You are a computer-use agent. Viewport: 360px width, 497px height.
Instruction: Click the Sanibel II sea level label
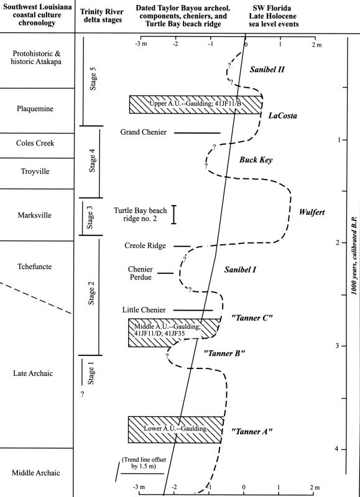(x=267, y=70)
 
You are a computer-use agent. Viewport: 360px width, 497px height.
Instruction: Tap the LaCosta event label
(x=283, y=116)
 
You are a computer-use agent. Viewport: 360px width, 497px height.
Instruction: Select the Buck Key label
(x=256, y=160)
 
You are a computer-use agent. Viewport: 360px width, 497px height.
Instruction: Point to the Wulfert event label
(x=312, y=212)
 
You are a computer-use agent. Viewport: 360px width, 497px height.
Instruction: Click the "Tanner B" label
(x=224, y=353)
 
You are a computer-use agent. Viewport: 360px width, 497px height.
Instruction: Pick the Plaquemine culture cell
(x=35, y=109)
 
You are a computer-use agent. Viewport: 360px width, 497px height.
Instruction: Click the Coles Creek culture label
(x=35, y=144)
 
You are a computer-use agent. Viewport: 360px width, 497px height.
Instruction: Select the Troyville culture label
(x=35, y=171)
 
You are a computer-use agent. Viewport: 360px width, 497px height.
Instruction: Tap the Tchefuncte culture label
(x=35, y=267)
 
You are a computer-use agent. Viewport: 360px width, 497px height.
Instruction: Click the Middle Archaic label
(x=36, y=473)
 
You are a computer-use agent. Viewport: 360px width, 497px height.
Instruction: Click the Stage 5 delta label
(x=93, y=79)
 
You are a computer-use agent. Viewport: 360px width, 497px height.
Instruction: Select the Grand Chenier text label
(x=144, y=132)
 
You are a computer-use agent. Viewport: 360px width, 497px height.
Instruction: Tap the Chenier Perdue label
(x=140, y=273)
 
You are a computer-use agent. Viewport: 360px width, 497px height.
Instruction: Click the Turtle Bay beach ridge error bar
(x=174, y=214)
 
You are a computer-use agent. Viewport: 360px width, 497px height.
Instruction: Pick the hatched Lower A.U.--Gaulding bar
(x=175, y=429)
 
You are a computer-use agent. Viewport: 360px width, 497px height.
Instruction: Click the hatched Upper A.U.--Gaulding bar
(x=196, y=104)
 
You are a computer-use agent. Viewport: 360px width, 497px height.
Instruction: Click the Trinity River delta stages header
(x=101, y=16)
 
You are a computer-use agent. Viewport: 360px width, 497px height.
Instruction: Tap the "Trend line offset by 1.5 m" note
(x=144, y=463)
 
